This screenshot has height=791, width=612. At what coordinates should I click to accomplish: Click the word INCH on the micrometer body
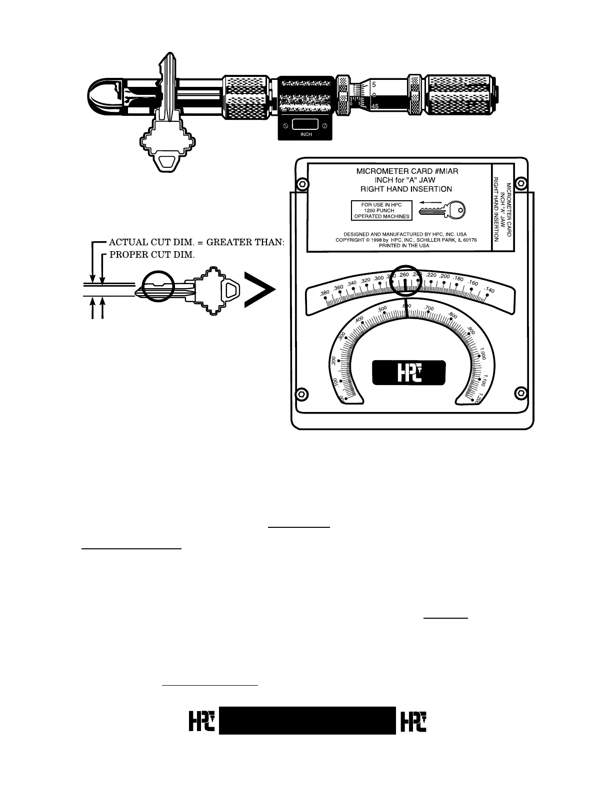tap(306, 134)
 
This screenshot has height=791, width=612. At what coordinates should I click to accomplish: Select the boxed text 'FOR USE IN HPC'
tap(381, 205)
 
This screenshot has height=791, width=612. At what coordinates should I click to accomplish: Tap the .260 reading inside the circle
tap(404, 275)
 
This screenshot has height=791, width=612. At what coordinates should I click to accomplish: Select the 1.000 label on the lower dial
tap(482, 354)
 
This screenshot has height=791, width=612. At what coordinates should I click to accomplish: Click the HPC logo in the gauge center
tap(408, 373)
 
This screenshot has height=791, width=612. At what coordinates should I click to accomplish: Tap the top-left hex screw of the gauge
tap(301, 184)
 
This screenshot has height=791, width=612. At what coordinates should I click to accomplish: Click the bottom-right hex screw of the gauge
tap(520, 394)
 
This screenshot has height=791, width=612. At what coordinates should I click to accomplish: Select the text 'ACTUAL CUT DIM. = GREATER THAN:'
tap(196, 242)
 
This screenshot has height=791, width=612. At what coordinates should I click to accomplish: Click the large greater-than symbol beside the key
tap(259, 290)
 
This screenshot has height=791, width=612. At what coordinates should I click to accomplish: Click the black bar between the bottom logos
tap(307, 721)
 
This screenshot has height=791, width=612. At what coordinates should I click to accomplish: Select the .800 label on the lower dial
tap(452, 316)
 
